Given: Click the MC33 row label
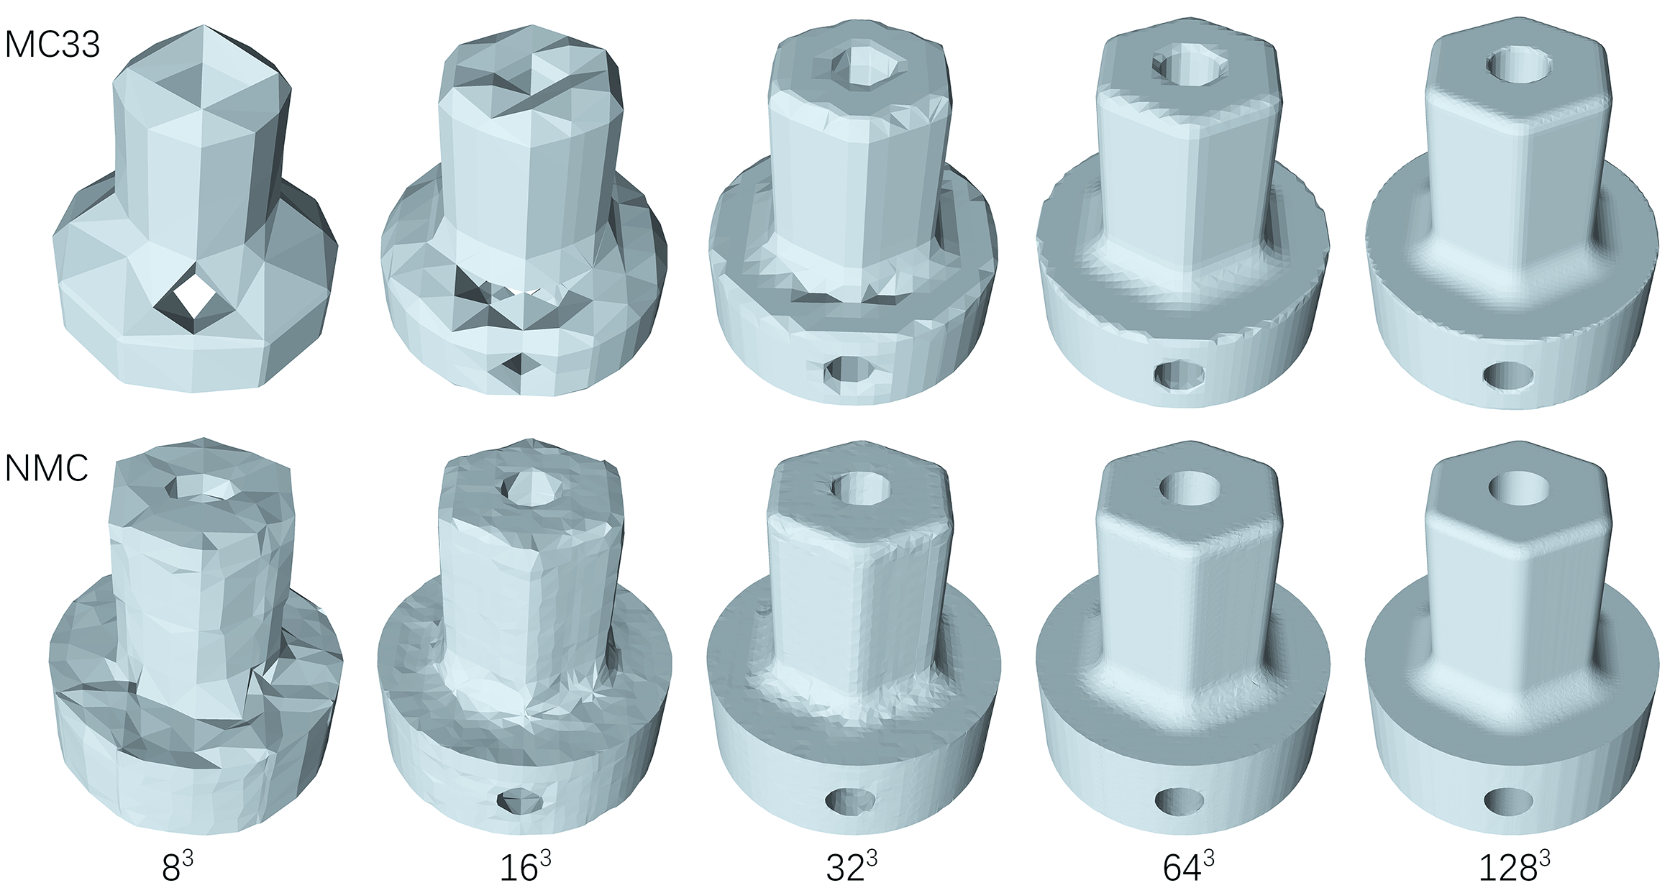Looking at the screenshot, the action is coord(52,45).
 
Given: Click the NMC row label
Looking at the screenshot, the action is coord(47,468).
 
